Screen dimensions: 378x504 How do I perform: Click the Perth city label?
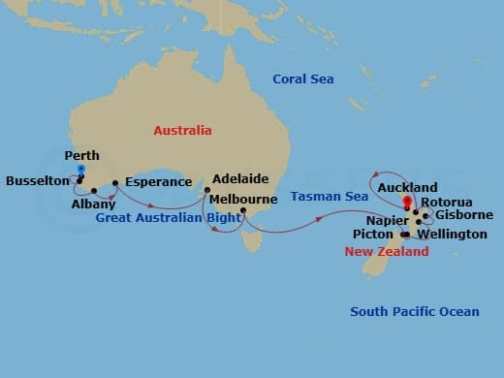[81, 155]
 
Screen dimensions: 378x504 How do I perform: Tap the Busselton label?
[37, 180]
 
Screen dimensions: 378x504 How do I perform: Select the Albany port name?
[94, 205]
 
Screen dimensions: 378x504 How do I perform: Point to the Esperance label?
[159, 181]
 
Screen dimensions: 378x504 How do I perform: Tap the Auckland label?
[407, 187]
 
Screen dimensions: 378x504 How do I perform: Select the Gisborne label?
[464, 214]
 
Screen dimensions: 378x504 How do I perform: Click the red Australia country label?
[182, 130]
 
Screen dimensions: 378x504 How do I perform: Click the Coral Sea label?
[303, 79]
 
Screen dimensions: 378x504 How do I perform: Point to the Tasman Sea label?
[330, 197]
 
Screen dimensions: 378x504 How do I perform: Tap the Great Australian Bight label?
[169, 218]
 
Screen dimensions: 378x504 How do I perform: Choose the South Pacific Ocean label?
[415, 311]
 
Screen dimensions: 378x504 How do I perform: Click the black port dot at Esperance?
[115, 182]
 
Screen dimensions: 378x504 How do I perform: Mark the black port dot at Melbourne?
[243, 211]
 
